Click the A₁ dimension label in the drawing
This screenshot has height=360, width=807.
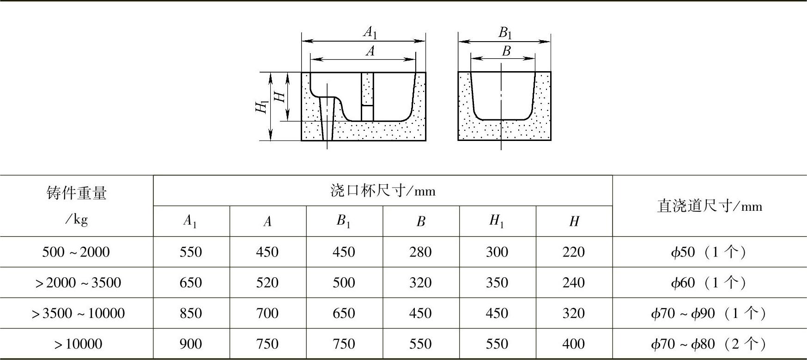click(x=370, y=32)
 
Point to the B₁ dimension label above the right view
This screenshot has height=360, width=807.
click(x=505, y=33)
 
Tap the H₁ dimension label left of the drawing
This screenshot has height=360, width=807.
click(x=261, y=107)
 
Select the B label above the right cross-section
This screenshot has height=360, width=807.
click(x=506, y=51)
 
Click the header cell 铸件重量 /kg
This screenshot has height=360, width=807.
click(x=77, y=205)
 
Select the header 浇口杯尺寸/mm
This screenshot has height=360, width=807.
click(x=382, y=190)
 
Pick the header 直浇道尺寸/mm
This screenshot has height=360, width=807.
click(x=709, y=206)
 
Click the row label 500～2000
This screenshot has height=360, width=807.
click(x=76, y=252)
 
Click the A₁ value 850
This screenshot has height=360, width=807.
click(x=191, y=313)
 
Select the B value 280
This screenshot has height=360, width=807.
click(x=420, y=252)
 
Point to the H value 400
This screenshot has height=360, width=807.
click(x=574, y=344)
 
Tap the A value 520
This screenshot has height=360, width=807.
click(x=267, y=282)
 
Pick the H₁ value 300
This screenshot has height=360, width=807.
click(x=497, y=252)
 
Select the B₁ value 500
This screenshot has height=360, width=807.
click(x=344, y=282)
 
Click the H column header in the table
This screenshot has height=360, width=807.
click(x=574, y=221)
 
